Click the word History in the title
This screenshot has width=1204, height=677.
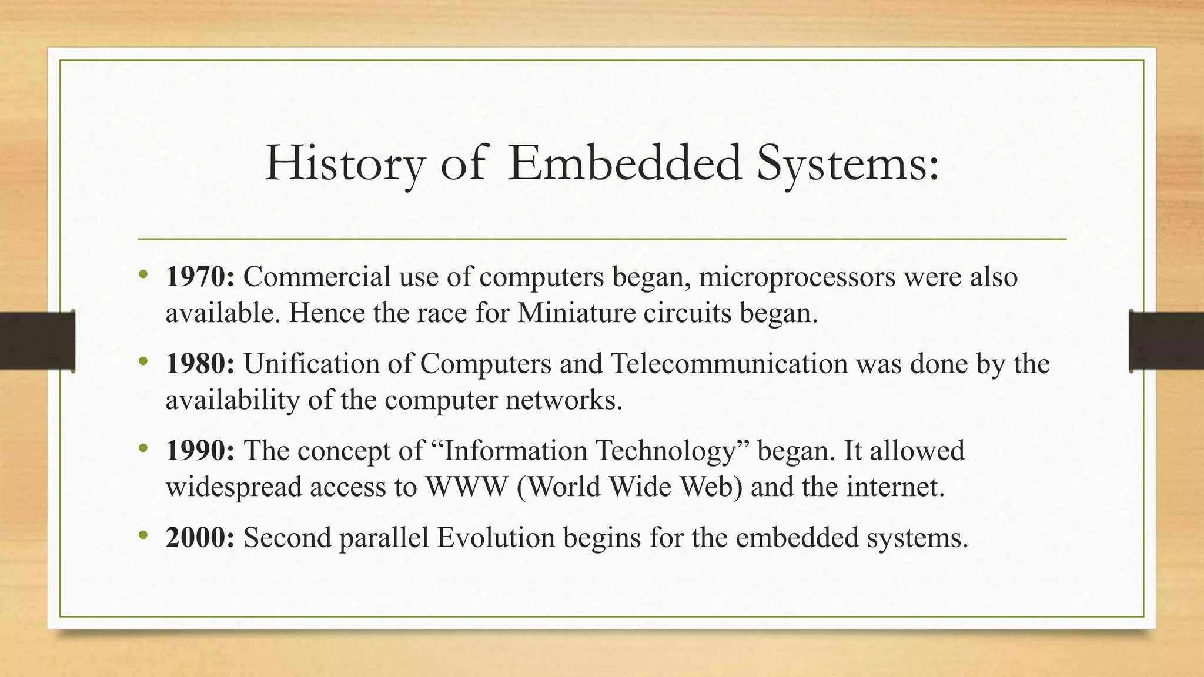click(x=344, y=164)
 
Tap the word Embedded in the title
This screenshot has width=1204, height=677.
click(x=624, y=164)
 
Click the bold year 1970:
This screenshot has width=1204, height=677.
click(x=200, y=277)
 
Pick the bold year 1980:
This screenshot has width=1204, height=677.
click(x=200, y=364)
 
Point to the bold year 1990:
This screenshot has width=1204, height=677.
click(x=200, y=451)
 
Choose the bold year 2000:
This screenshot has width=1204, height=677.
click(x=200, y=538)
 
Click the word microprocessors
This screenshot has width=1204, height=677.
click(x=797, y=277)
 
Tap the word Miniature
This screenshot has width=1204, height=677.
click(x=577, y=313)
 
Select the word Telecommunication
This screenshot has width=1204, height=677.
click(x=729, y=364)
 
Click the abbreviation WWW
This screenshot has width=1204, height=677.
click(x=466, y=487)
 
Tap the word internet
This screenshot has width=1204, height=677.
click(x=894, y=487)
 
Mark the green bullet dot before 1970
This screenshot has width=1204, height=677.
click(x=143, y=274)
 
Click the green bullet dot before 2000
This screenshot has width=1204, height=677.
click(x=143, y=535)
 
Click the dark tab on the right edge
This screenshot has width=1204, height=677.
click(x=1166, y=341)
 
